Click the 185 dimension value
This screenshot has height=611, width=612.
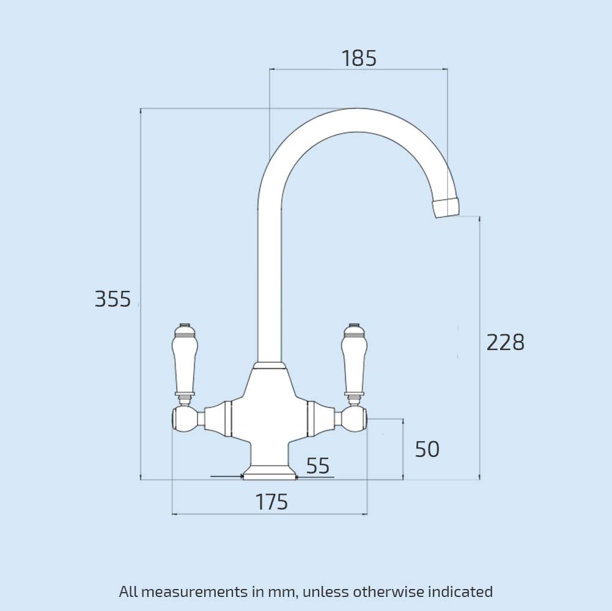(x=359, y=59)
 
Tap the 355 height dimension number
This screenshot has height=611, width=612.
(x=113, y=299)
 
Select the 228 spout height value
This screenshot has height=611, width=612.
(x=505, y=343)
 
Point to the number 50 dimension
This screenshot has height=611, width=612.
(x=427, y=450)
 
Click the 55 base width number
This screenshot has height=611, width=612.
(x=318, y=466)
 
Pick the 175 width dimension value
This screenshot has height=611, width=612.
(x=271, y=502)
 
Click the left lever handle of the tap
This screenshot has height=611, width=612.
(x=185, y=360)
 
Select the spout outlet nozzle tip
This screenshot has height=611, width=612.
(x=446, y=208)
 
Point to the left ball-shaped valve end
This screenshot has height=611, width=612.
(x=183, y=419)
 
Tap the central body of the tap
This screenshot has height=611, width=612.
(x=270, y=409)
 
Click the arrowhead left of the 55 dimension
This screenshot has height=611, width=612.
(x=238, y=476)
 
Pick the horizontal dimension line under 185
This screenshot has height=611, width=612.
(x=359, y=70)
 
